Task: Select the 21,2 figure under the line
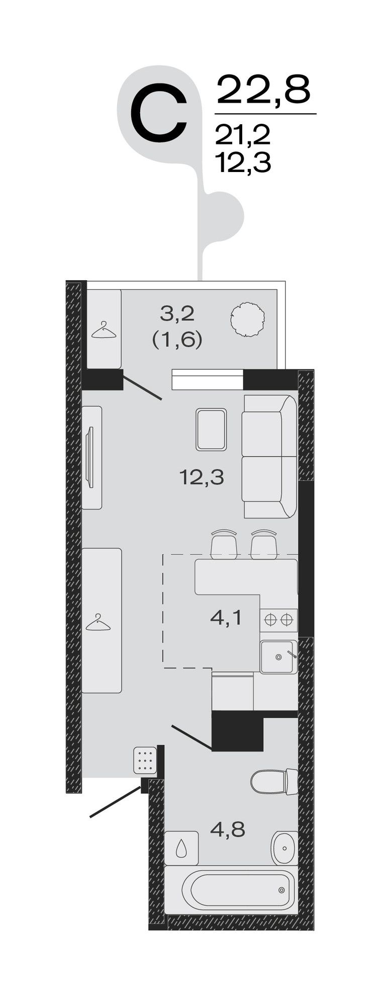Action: (243, 135)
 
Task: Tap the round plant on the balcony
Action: (247, 318)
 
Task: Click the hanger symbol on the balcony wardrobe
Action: (104, 330)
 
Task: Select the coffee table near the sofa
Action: (211, 429)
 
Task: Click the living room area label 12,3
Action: (202, 477)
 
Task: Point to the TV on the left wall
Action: (90, 457)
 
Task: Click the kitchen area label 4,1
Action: (226, 618)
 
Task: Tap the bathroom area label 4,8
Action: (228, 830)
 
